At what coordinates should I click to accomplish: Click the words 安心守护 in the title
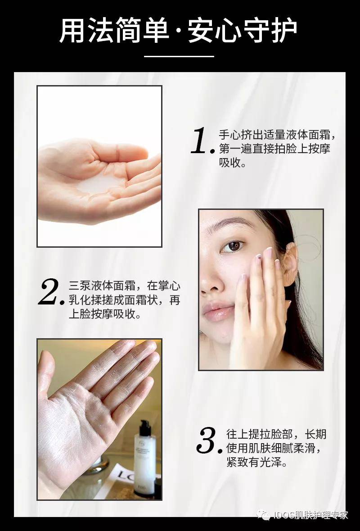pos(243,31)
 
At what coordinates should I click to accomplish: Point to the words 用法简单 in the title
pos(114,31)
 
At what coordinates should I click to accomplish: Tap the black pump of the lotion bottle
pos(145,427)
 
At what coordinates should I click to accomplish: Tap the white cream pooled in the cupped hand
pos(98,183)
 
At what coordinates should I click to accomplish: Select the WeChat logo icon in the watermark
pos(263,515)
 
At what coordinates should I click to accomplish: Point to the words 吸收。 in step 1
pos(233,163)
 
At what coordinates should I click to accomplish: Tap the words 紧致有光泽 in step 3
pos(254,462)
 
